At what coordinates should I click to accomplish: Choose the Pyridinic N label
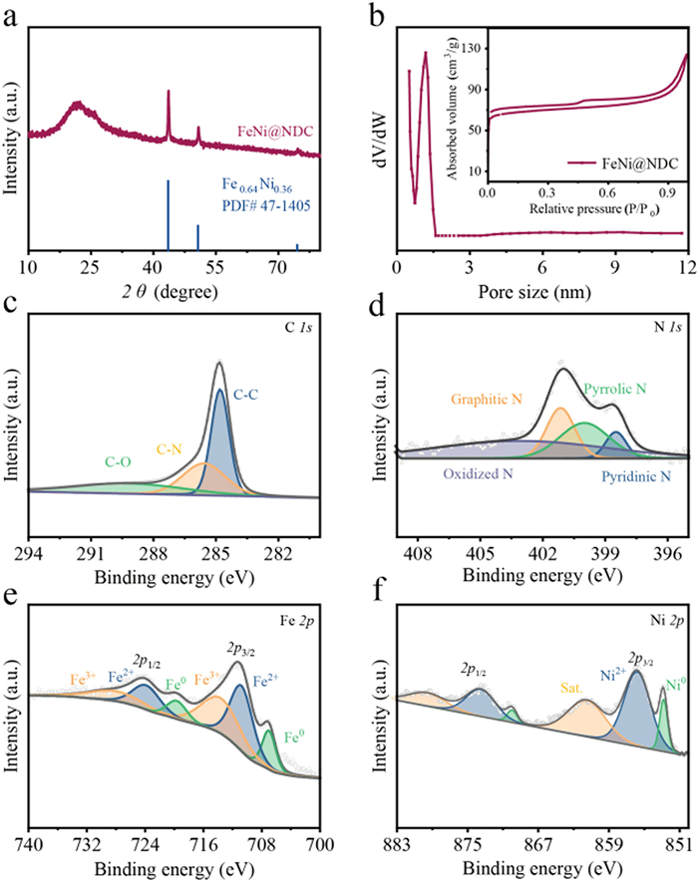click(x=636, y=476)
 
